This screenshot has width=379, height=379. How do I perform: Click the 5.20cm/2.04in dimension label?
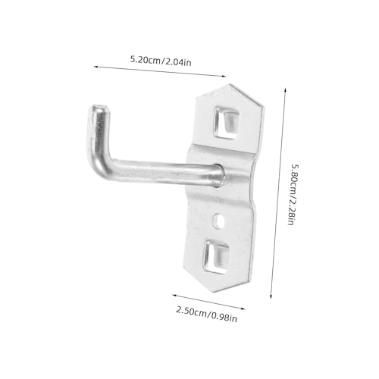161,61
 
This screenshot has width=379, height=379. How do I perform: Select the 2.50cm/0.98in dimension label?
207,314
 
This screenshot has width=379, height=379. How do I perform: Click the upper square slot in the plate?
227,123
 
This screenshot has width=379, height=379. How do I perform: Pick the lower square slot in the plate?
216,257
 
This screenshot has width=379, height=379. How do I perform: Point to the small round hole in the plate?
218,221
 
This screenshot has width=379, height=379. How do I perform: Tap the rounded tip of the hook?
99,108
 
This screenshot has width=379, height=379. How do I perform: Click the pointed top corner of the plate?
230,85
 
